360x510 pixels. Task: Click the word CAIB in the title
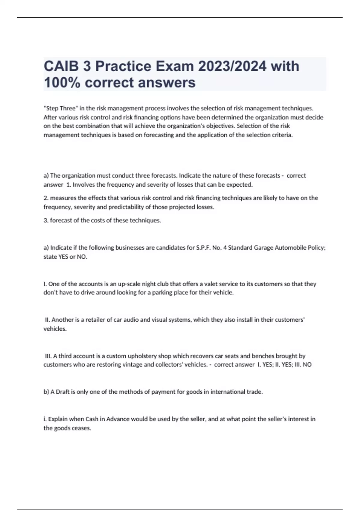coord(61,66)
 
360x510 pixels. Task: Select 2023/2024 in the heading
coord(232,66)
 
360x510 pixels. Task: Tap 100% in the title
coord(62,82)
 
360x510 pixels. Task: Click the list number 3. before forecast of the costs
coord(46,220)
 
